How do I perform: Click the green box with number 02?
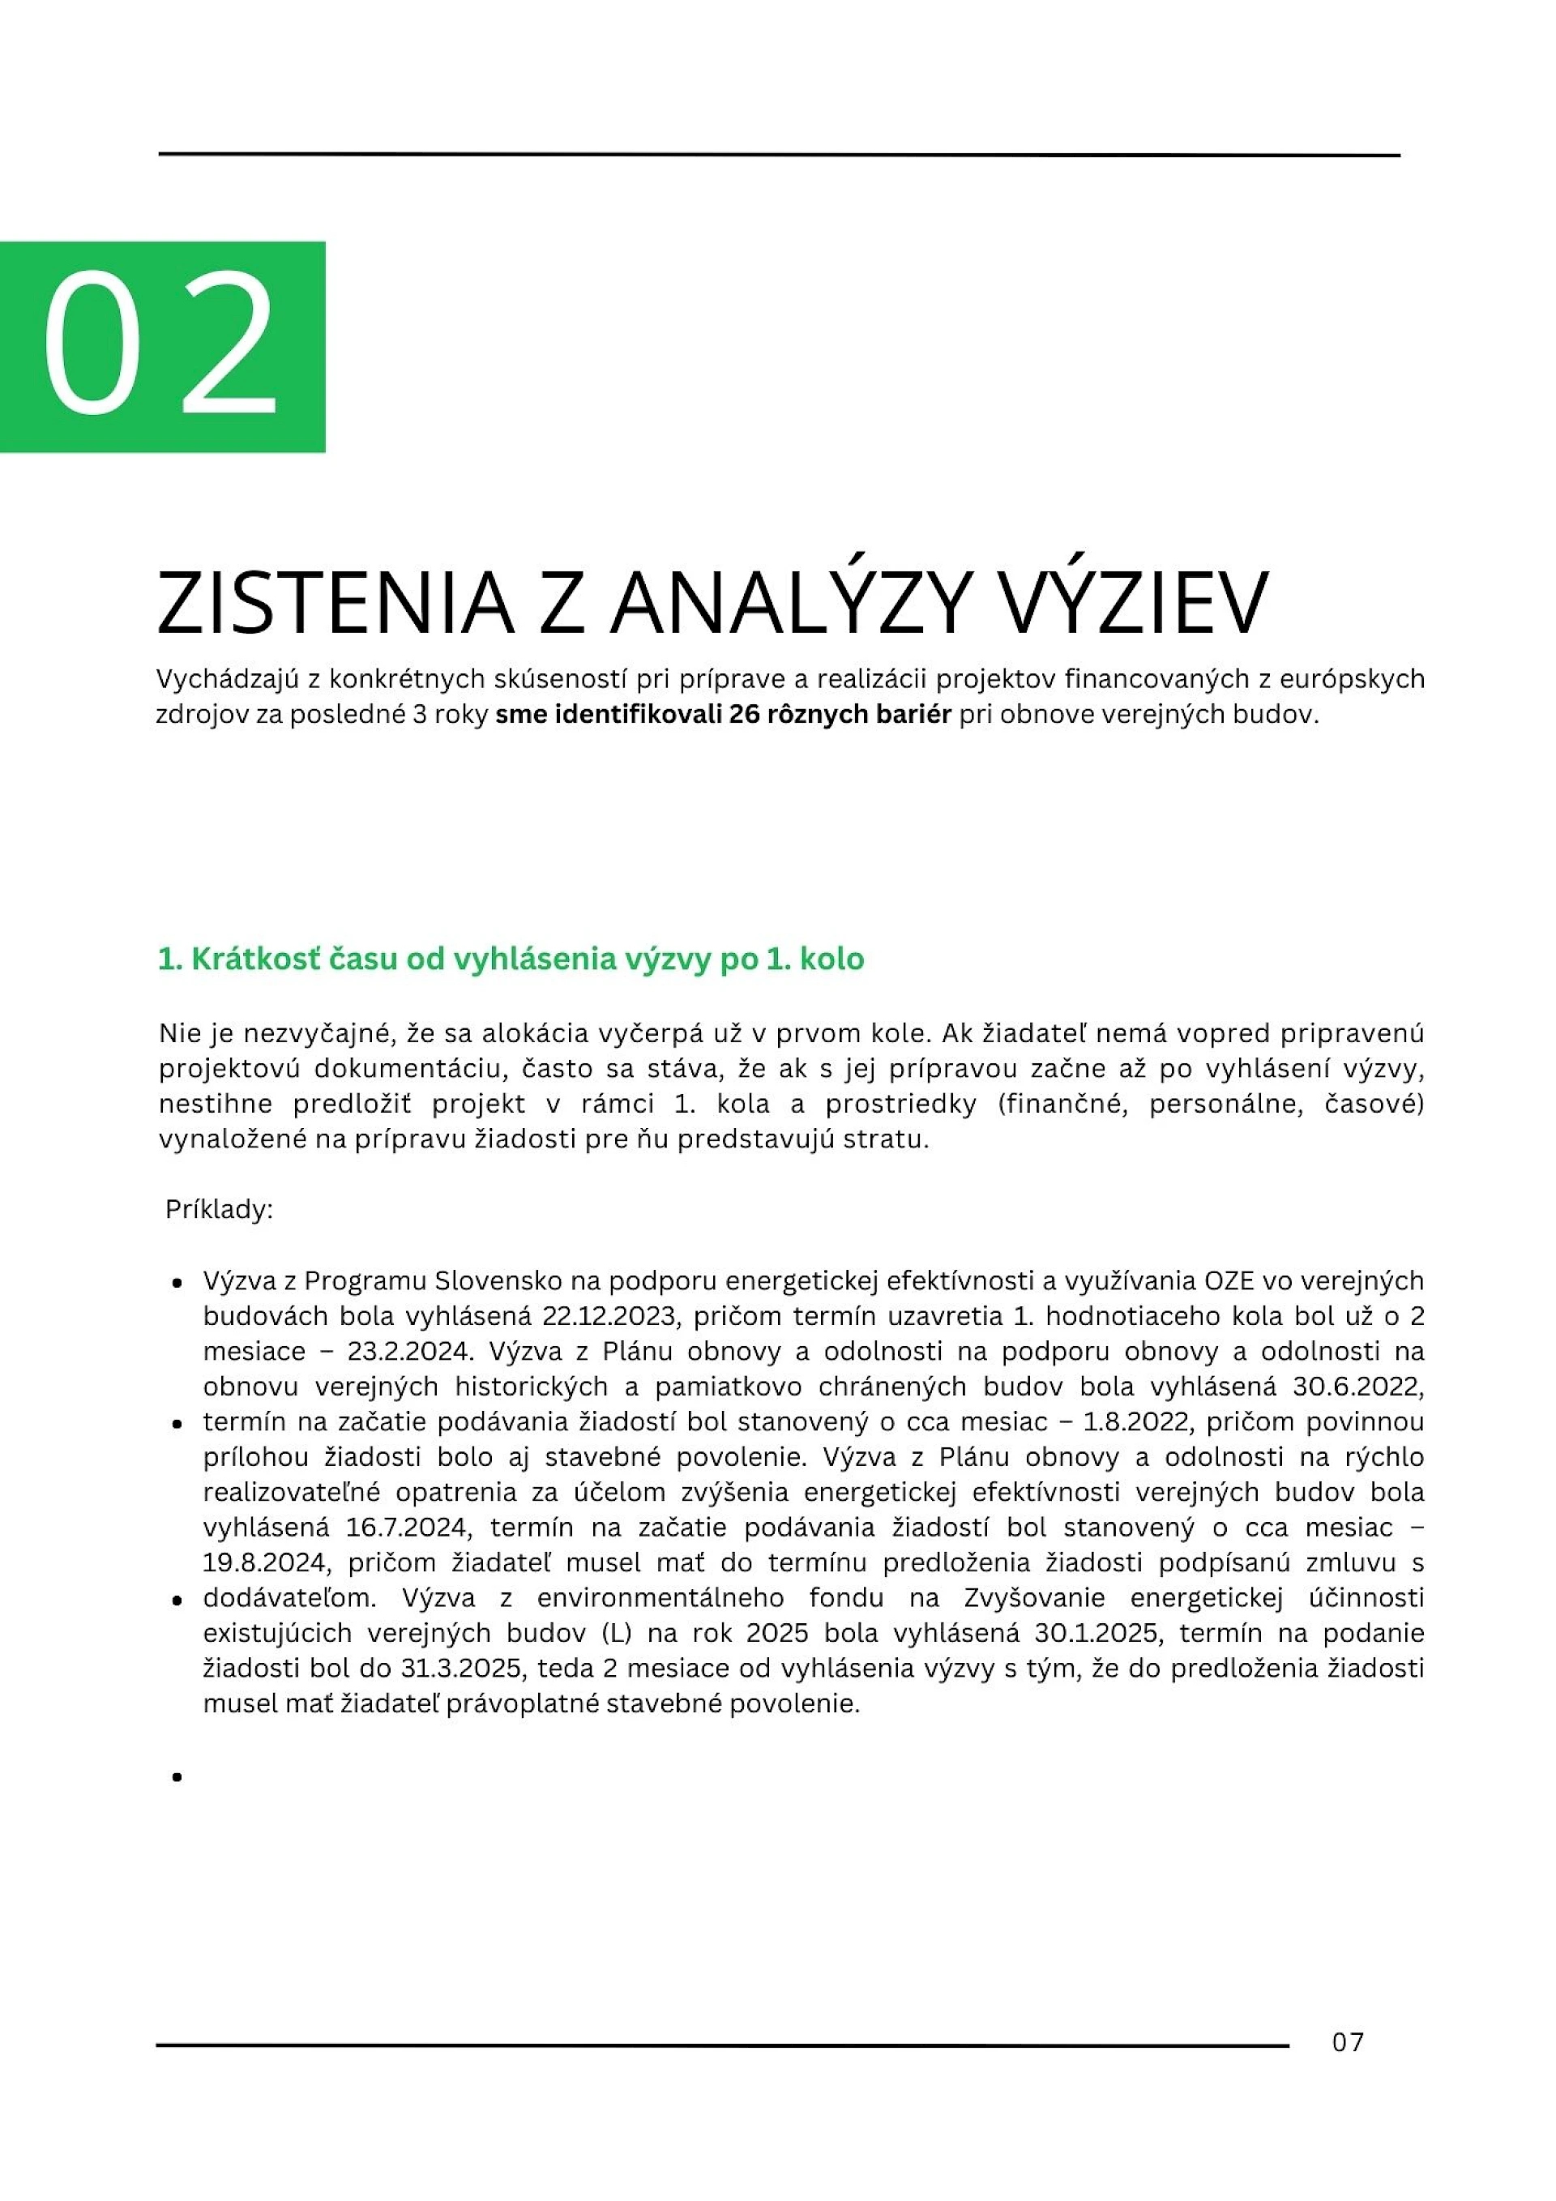click(162, 346)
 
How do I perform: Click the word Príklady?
click(220, 1209)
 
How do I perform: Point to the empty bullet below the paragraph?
click(177, 1776)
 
